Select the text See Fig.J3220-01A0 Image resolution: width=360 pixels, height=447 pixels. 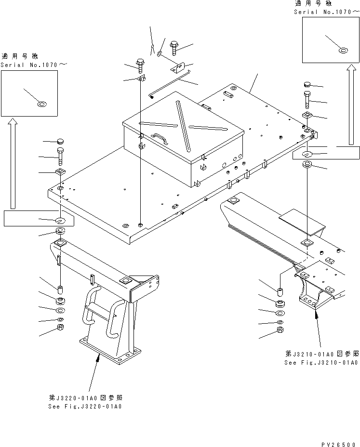85,406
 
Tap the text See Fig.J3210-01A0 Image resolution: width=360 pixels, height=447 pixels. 320,363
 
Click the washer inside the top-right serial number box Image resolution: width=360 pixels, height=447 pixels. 343,50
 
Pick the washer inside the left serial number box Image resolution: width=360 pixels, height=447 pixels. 42,104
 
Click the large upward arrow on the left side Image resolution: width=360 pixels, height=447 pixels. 13,164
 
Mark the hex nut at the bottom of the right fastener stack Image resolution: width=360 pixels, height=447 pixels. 280,330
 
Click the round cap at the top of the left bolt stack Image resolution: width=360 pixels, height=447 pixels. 60,141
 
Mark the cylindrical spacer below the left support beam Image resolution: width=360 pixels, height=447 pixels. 60,290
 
